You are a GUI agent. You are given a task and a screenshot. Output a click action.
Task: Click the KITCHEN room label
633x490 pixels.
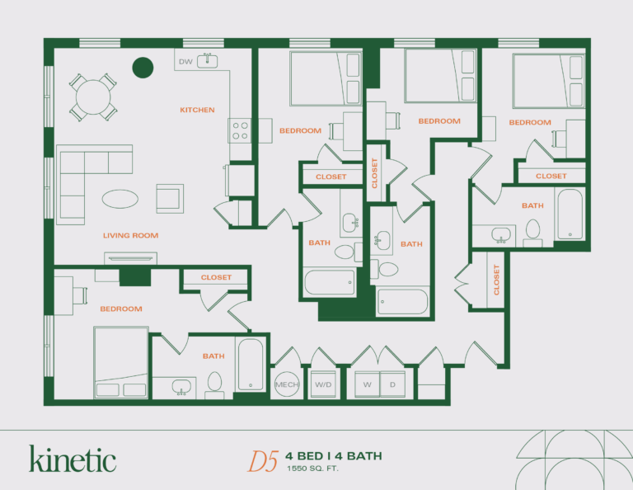coord(197,110)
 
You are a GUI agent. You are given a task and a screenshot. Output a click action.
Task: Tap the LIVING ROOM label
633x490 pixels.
coord(130,236)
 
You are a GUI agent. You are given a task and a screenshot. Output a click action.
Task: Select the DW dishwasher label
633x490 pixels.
coord(185,61)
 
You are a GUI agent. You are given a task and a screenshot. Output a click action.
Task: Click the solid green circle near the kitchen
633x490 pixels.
coord(143,67)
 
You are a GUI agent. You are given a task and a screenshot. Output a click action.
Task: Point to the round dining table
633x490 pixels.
coord(92,97)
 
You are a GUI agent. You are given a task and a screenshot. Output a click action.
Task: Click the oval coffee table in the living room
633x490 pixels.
coord(121,198)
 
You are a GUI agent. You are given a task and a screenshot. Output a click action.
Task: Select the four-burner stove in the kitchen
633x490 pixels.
coord(240,130)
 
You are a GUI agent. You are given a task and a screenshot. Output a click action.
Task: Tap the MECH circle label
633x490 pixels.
coord(285,384)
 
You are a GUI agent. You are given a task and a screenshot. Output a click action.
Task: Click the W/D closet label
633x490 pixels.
coord(322,384)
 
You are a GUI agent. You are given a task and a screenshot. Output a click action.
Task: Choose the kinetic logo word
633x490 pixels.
coord(73,459)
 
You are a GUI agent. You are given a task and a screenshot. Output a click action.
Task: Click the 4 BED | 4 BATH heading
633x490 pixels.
coord(334,456)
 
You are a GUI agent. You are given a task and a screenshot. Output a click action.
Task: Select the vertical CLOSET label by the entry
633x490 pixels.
coord(496,280)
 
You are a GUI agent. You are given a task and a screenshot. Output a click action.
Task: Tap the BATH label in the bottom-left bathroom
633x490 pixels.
coord(213,356)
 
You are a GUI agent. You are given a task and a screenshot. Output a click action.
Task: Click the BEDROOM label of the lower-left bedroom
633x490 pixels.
coord(121,309)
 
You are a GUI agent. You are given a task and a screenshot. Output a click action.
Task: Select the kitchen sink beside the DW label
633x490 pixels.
coord(208,61)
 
